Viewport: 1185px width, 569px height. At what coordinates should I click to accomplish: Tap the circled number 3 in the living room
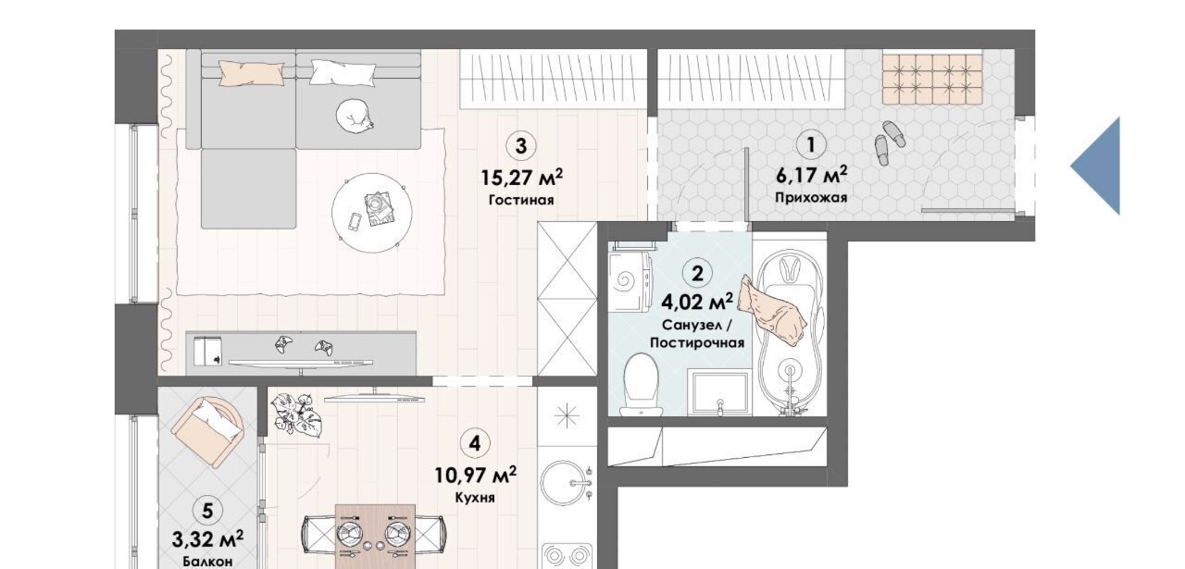tap(521, 145)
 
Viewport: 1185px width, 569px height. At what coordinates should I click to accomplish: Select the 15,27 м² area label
tap(521, 177)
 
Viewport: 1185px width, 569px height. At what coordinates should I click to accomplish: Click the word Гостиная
tap(521, 201)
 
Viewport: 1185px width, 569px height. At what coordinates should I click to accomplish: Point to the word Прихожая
tap(811, 198)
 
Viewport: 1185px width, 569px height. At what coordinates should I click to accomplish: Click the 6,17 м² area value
tap(812, 175)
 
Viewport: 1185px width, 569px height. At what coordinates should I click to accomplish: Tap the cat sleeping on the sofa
tap(355, 116)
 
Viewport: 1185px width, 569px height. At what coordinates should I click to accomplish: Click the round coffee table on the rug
tap(372, 213)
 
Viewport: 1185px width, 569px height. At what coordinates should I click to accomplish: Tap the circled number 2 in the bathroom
tap(698, 273)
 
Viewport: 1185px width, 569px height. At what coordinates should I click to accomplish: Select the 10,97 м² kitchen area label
tap(475, 476)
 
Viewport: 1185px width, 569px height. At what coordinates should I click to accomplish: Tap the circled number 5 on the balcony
tap(207, 511)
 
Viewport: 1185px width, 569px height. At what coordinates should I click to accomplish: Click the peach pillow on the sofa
tap(251, 73)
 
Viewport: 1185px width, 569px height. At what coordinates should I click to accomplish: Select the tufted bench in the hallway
tap(932, 79)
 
